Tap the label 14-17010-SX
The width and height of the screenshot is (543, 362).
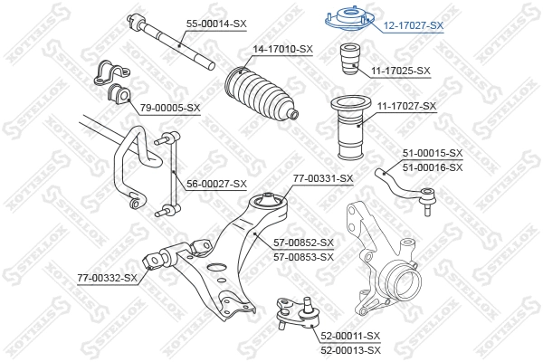[282, 49]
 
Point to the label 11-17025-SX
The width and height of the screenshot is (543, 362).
[400, 70]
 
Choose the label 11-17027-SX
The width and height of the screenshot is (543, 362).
[406, 106]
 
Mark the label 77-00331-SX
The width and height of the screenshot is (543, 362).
[323, 178]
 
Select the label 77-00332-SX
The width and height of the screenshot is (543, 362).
[107, 277]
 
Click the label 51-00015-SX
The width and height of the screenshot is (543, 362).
[432, 153]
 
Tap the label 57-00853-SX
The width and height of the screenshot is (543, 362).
[304, 256]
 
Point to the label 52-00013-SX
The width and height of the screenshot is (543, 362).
[349, 348]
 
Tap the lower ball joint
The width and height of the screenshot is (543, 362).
[296, 312]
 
